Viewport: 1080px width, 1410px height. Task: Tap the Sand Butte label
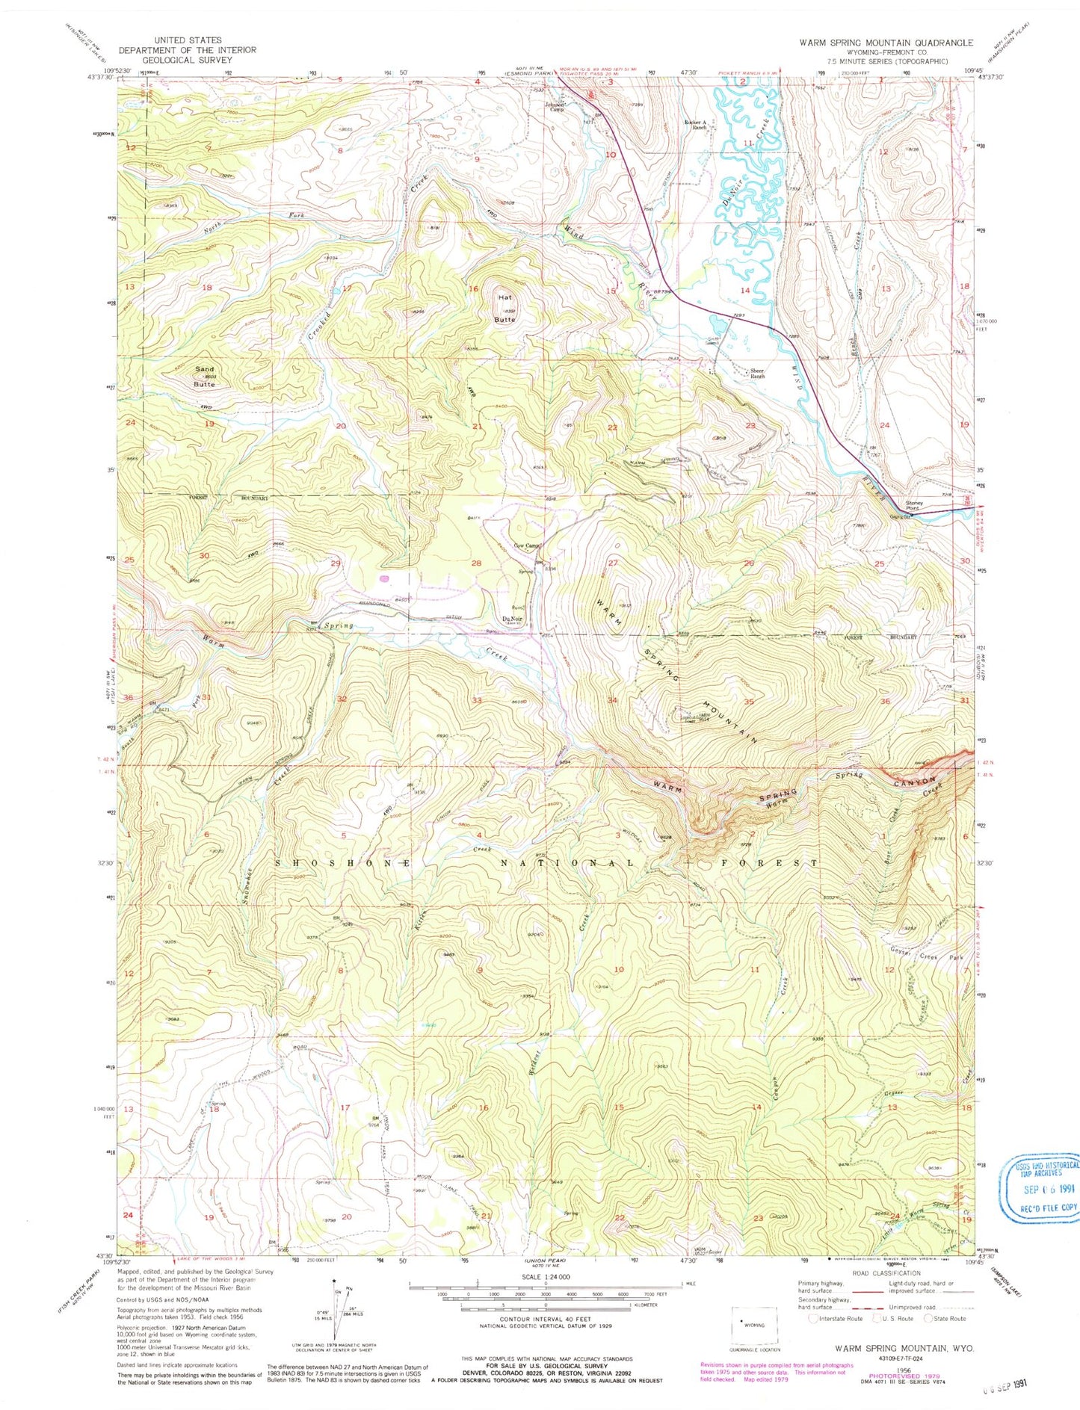204,375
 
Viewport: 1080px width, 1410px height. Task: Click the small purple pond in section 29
385,578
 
